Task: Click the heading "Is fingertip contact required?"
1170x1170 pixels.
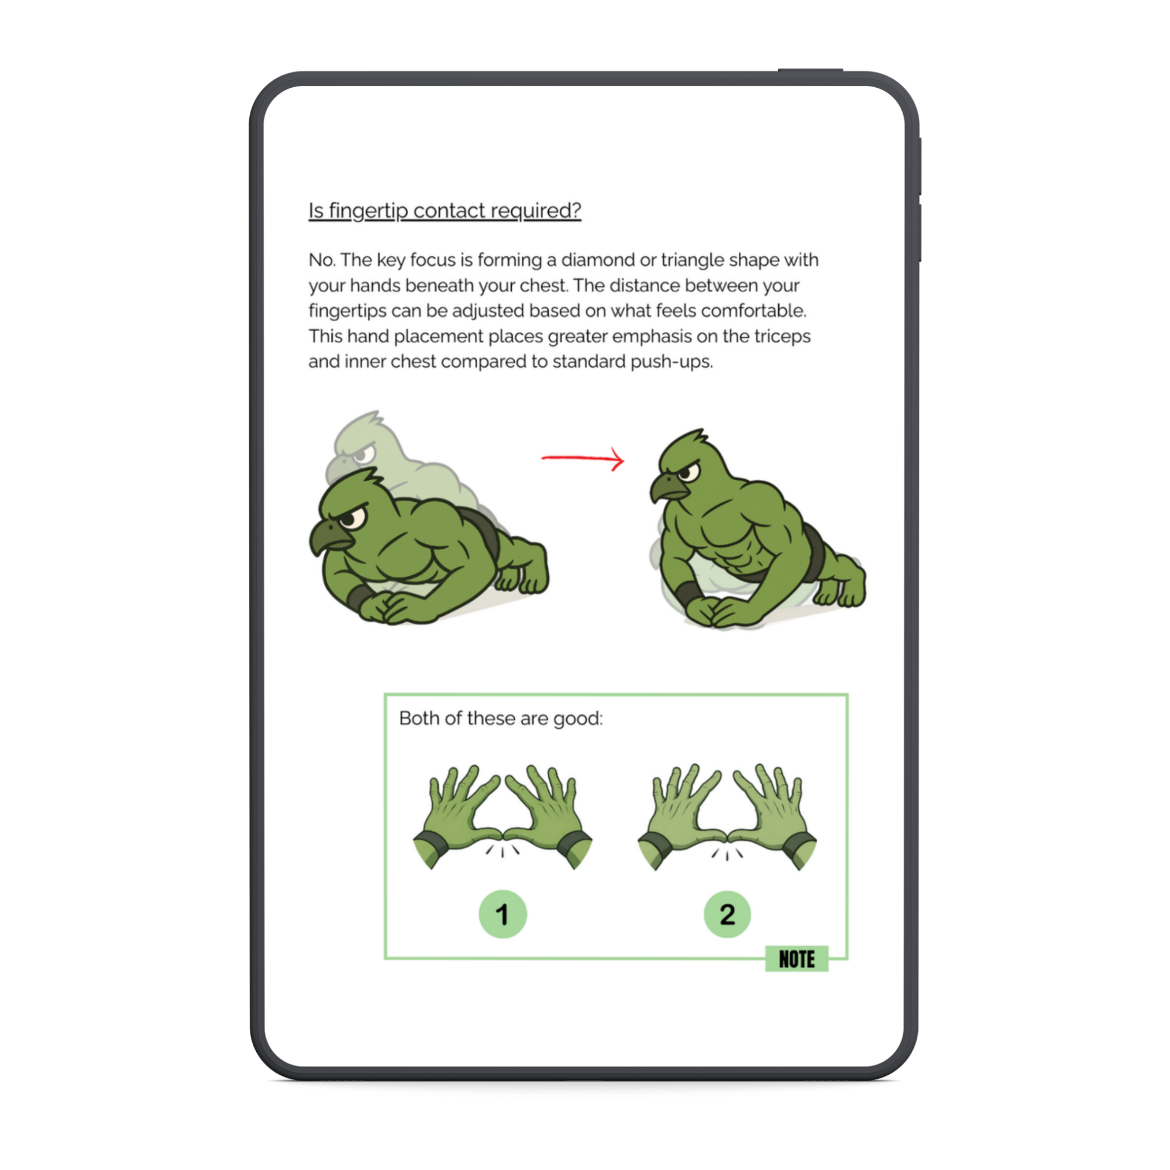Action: click(445, 211)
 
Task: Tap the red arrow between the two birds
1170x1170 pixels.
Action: click(583, 459)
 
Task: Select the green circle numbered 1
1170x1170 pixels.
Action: click(503, 914)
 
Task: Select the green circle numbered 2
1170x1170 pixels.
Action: click(727, 914)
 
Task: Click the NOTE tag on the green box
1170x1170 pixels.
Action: click(796, 959)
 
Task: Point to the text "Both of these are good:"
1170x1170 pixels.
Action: click(501, 719)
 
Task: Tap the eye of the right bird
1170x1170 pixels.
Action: click(691, 471)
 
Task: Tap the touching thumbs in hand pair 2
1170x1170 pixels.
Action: click(727, 836)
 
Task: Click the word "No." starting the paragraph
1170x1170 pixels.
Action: click(322, 260)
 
